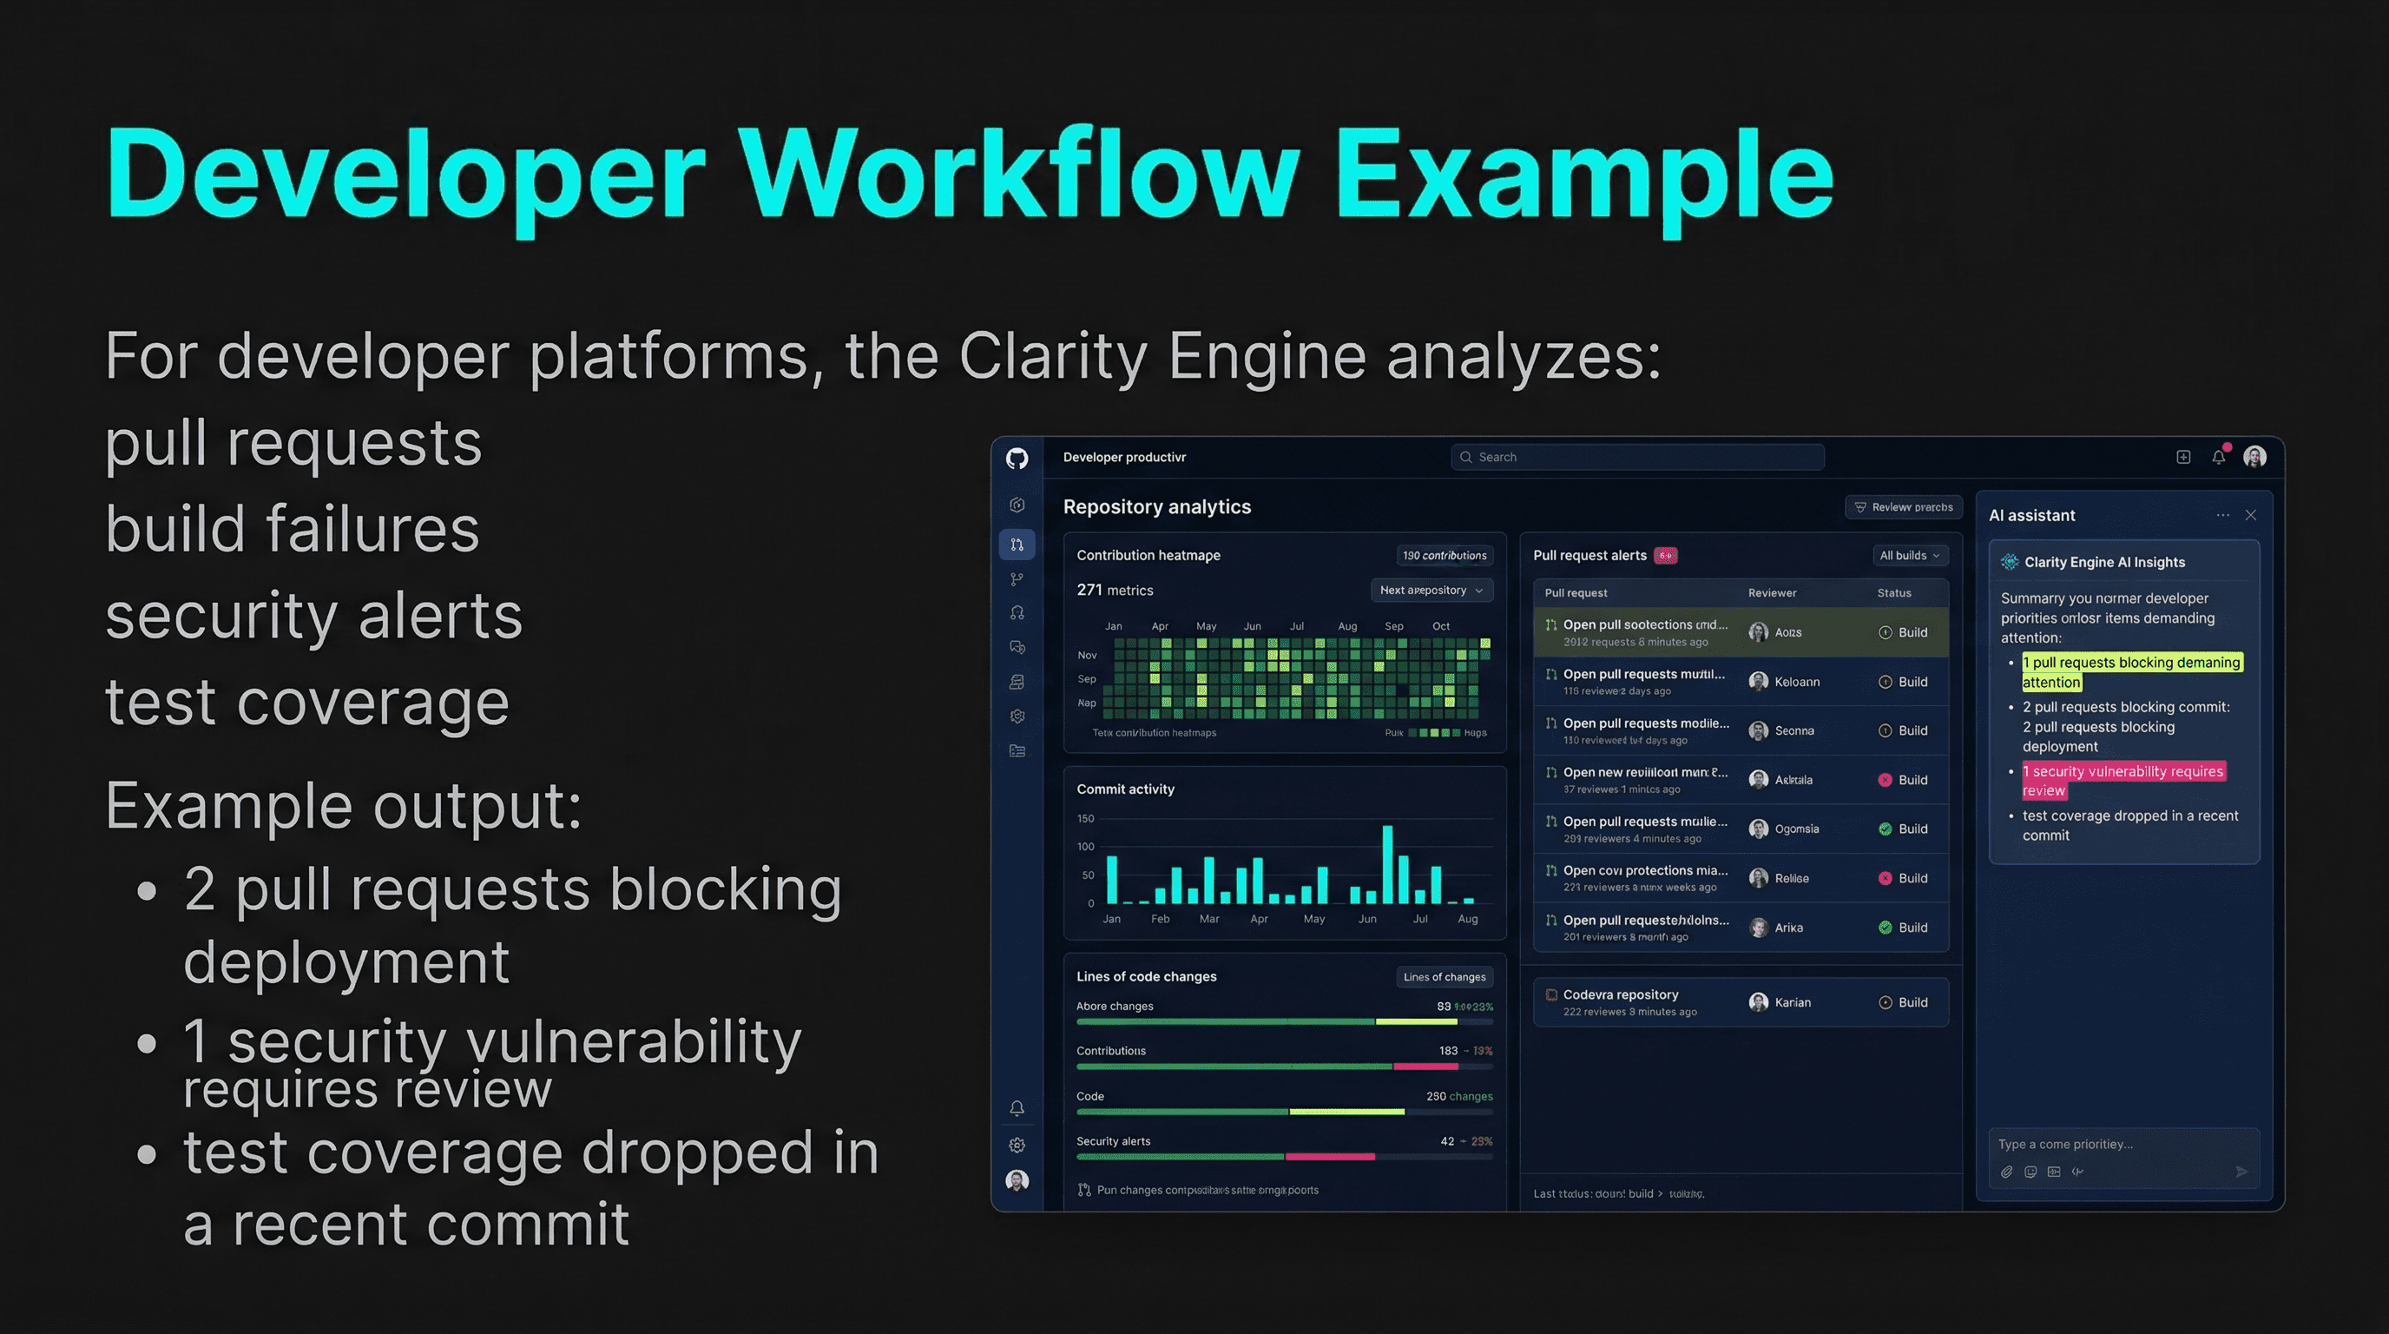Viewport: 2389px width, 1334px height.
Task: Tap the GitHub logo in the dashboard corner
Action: (1017, 459)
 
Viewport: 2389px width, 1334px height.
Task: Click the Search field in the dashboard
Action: (1637, 458)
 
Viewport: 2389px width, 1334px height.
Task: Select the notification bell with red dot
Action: (2218, 457)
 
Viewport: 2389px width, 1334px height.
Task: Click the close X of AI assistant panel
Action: (2251, 516)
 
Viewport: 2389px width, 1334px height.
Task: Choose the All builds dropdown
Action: (1909, 556)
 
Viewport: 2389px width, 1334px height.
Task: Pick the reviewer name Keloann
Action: (1796, 682)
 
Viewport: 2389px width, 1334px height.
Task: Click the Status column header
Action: (1894, 593)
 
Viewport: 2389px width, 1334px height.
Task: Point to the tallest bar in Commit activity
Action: (1387, 863)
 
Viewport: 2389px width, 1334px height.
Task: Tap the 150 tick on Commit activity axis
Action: (1085, 819)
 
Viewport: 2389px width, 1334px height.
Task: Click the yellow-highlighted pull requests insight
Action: (2130, 671)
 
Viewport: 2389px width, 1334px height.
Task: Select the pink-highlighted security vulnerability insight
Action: (2122, 780)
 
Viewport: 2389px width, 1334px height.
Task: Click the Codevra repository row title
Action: (1620, 994)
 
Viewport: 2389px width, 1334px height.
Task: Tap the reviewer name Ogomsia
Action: (1796, 829)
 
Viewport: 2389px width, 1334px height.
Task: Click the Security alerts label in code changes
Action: (1113, 1141)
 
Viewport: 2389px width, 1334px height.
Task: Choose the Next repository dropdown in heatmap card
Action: (1431, 590)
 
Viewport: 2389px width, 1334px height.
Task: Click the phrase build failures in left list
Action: (293, 529)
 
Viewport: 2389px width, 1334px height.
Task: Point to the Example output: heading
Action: (343, 805)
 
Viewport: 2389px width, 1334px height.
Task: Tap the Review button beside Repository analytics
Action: (1903, 507)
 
